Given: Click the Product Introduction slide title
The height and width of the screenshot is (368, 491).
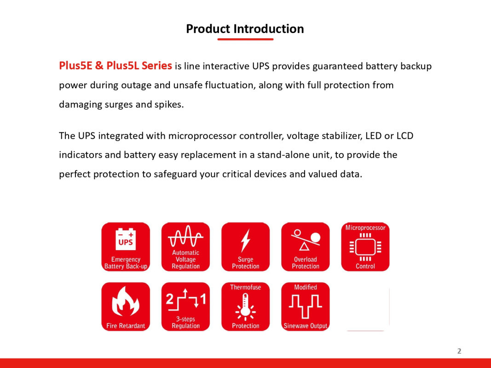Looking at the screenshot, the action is click(x=245, y=29).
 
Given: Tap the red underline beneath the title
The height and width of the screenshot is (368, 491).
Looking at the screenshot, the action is click(x=246, y=39).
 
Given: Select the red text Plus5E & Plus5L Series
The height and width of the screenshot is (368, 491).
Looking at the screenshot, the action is click(x=116, y=66).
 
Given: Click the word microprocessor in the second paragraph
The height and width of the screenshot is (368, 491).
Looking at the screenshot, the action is click(x=202, y=136).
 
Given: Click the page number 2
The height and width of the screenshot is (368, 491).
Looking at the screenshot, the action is click(x=459, y=351).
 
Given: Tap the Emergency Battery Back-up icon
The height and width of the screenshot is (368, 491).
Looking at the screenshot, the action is click(x=126, y=247).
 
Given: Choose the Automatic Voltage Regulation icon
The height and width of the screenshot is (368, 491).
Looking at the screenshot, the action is click(x=186, y=247).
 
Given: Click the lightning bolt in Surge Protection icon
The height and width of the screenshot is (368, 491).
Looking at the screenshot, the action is click(x=246, y=241).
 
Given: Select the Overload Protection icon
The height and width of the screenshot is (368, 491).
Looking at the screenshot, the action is click(x=305, y=247).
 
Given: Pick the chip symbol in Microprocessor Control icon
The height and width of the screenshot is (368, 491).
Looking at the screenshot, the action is click(x=365, y=247).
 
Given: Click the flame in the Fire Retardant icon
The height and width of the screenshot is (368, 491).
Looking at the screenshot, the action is click(x=126, y=302).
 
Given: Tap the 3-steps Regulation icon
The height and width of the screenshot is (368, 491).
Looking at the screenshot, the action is click(x=186, y=306).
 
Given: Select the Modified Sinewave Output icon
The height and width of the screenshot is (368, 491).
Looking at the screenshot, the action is click(x=305, y=306).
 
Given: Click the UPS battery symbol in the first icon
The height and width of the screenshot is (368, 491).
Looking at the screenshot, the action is click(x=126, y=239).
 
